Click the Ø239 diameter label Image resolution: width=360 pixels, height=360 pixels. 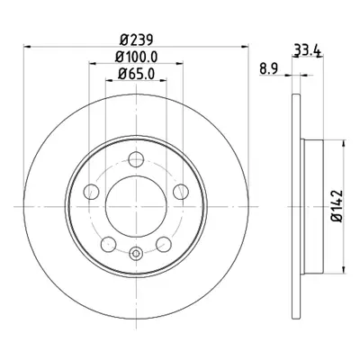(x=137, y=40)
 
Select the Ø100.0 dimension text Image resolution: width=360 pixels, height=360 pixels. (x=136, y=57)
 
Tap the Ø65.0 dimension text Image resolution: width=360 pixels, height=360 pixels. (x=136, y=74)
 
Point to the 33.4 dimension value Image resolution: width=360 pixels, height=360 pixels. (x=307, y=50)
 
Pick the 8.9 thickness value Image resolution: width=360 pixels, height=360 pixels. (x=269, y=69)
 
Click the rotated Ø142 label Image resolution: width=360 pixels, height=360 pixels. (x=337, y=206)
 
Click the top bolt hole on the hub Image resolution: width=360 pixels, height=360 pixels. (x=136, y=159)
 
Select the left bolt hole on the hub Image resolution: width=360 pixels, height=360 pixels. (x=91, y=192)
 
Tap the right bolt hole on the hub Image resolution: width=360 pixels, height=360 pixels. (x=181, y=192)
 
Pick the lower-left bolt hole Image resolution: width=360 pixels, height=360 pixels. (x=108, y=244)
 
